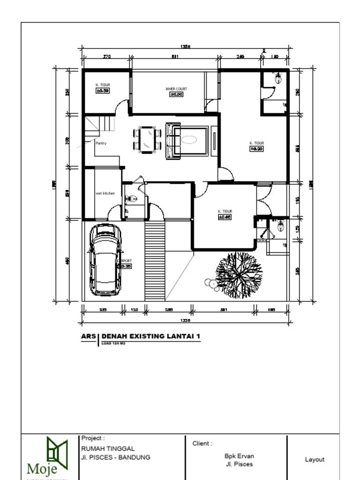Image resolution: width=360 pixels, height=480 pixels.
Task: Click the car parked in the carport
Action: tap(105, 260)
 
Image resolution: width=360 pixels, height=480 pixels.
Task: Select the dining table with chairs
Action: tap(147, 139)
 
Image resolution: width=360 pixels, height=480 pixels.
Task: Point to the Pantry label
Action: tap(101, 143)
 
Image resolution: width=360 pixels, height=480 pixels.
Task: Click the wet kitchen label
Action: tap(105, 193)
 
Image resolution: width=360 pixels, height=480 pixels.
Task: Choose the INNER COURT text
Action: tap(176, 89)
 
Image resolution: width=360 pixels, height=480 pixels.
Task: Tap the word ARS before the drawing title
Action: tap(88, 336)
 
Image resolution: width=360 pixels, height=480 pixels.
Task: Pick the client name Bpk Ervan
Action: tap(239, 456)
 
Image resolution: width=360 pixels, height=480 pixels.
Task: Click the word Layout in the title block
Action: tap(314, 459)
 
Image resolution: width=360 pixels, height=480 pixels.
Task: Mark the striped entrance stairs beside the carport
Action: tap(155, 261)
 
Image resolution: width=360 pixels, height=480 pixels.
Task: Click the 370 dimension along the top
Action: tap(106, 57)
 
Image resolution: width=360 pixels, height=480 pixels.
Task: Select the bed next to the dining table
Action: tap(187, 140)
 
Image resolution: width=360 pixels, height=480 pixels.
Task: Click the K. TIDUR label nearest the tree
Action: tap(225, 211)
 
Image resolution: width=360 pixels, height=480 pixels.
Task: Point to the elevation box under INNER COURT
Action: tap(176, 94)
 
